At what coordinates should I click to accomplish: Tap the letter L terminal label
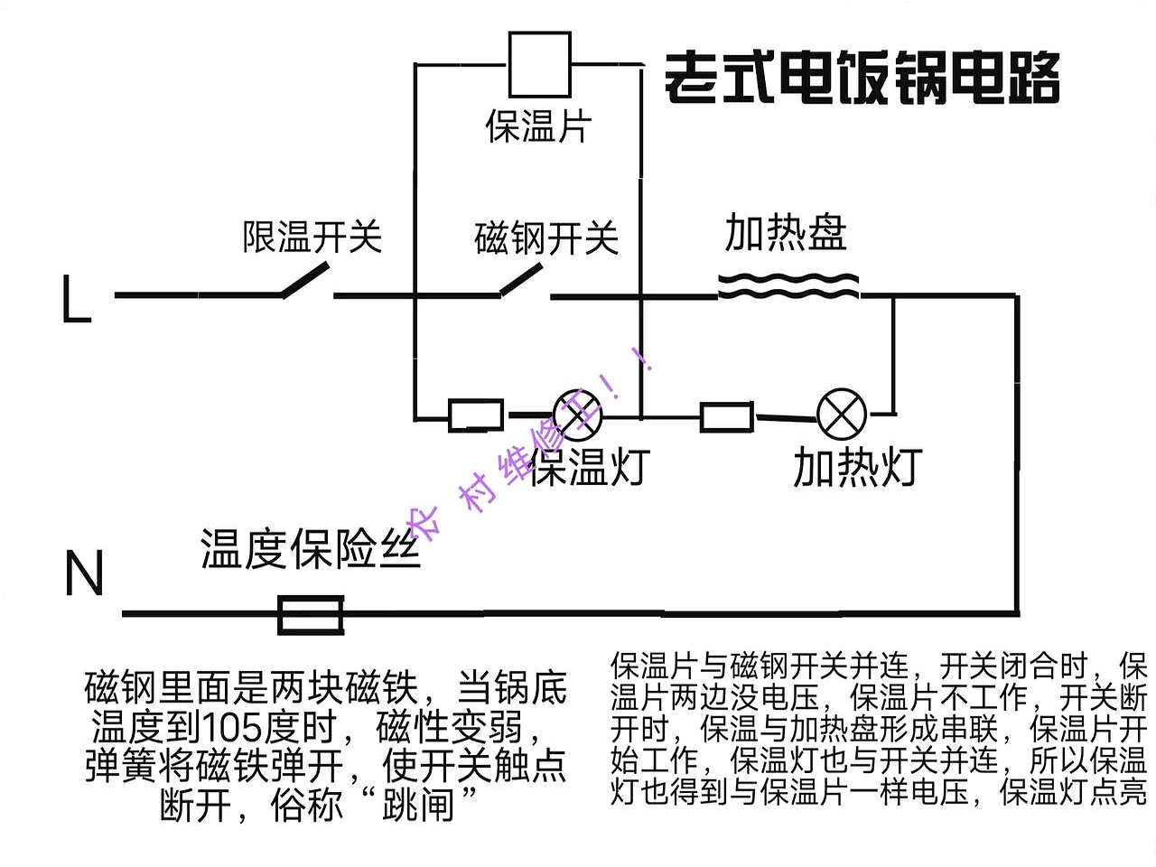77,299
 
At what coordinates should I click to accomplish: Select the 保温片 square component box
539,64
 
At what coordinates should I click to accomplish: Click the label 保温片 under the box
538,126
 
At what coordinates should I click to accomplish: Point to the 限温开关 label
312,237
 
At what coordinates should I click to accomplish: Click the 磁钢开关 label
546,238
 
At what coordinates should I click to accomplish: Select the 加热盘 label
786,233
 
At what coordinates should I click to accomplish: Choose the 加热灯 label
856,467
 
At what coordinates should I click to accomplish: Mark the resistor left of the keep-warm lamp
476,415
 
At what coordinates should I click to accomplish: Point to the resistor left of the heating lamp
726,416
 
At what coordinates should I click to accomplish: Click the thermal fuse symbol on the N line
310,614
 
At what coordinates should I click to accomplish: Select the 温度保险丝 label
311,549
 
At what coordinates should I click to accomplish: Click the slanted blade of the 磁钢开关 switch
522,280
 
